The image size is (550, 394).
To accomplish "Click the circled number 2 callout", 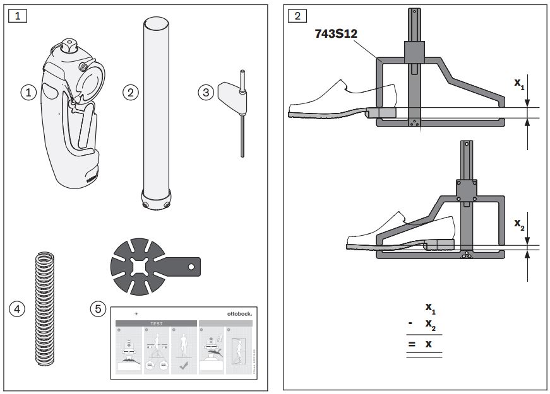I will [x=130, y=92].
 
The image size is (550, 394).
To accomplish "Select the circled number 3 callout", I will [x=206, y=92].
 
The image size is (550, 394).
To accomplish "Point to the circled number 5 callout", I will [x=97, y=309].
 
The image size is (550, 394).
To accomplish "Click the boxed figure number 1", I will [x=17, y=16].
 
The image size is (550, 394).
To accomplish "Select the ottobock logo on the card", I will [x=238, y=313].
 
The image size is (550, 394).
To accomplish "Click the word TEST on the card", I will [x=156, y=323].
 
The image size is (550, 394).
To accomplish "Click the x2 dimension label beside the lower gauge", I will [x=518, y=224].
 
